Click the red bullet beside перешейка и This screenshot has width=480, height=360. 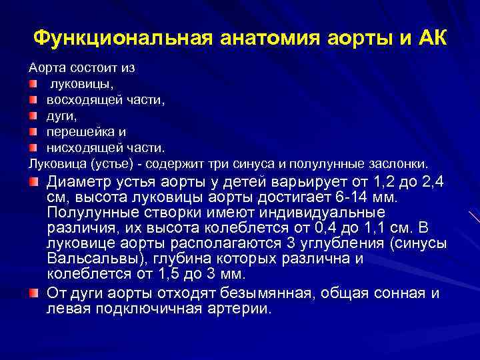pyautogui.click(x=33, y=131)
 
